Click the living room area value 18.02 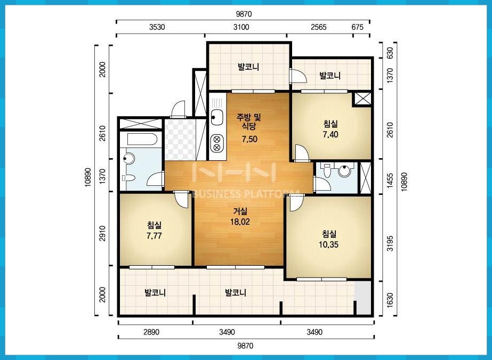tap(240, 222)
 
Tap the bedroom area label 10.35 tap(328, 244)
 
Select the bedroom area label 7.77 tap(154, 236)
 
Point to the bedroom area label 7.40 tap(330, 135)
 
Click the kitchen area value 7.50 tap(249, 139)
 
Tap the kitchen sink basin tap(217, 118)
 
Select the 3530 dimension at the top tap(157, 27)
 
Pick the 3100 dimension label tap(241, 27)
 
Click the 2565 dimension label tap(319, 27)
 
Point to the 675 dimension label tap(357, 27)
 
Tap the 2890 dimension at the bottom tap(152, 332)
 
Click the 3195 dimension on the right tap(390, 243)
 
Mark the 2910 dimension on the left tap(102, 233)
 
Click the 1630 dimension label tap(390, 300)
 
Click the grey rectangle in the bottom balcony tap(362, 298)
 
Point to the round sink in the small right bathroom tap(344, 171)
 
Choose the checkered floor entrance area tap(180, 140)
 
